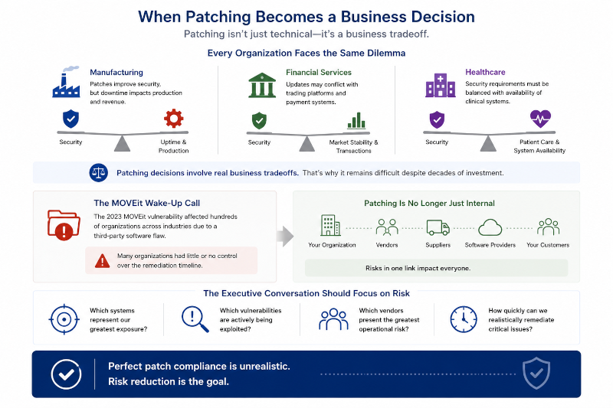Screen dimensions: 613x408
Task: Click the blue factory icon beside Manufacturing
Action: (x=67, y=82)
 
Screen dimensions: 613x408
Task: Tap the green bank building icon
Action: (x=262, y=85)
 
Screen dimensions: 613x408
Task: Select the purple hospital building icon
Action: (x=440, y=85)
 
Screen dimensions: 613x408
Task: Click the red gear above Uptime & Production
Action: (x=174, y=119)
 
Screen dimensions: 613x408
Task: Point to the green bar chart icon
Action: (x=356, y=121)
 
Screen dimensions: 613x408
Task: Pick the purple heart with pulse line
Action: (x=540, y=119)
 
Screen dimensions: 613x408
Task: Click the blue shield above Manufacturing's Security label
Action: (x=70, y=119)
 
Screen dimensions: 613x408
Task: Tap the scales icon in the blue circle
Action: (x=99, y=172)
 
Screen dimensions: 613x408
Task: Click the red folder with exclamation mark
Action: (x=64, y=225)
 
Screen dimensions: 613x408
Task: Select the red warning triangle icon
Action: (x=103, y=260)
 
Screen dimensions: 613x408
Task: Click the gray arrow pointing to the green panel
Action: (x=285, y=236)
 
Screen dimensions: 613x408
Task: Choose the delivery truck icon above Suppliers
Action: (x=438, y=227)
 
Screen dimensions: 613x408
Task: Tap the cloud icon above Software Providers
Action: (x=490, y=227)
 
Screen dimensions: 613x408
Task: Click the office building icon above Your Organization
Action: (x=330, y=225)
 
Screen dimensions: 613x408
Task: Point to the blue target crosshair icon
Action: (x=64, y=319)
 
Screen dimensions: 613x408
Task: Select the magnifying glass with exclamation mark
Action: (x=195, y=319)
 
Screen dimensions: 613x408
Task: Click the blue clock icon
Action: (x=464, y=319)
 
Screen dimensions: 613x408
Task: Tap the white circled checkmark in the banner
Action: (x=66, y=374)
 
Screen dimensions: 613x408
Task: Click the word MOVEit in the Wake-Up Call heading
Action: (x=128, y=203)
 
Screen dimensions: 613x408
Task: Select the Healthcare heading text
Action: (x=485, y=72)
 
